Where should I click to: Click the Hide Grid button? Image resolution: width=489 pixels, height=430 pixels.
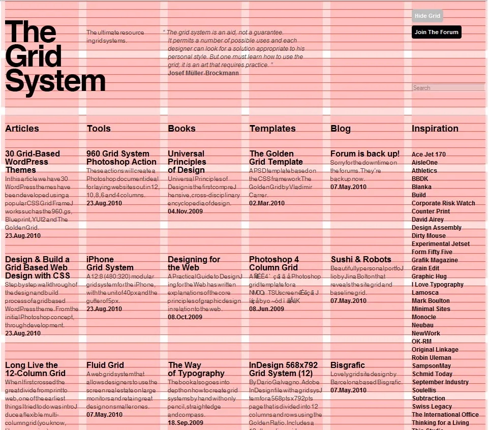pos(427,16)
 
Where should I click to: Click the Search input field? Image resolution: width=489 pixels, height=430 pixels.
pos(448,88)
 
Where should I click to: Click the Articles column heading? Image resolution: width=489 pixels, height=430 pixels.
pos(22,129)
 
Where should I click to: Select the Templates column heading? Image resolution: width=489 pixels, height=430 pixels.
pos(272,129)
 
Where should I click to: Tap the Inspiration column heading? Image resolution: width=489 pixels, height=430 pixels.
pos(435,129)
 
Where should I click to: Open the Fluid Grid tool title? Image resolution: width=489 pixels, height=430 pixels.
pos(105,365)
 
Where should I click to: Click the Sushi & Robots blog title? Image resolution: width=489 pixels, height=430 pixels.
pos(361,259)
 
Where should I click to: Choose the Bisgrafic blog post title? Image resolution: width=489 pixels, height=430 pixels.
pos(348,365)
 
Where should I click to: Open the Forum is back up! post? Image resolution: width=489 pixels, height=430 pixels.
pos(365,153)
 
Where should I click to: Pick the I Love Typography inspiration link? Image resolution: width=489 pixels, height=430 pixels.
pos(437,285)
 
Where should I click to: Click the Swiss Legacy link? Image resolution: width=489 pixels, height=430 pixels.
pos(432,407)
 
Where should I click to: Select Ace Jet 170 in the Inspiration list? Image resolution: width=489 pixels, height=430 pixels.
pos(429,155)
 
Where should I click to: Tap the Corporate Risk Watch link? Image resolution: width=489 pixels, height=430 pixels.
pos(443,203)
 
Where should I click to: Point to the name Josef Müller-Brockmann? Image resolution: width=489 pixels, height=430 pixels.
pos(203,73)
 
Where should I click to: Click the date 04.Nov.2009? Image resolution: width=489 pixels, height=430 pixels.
pos(185,211)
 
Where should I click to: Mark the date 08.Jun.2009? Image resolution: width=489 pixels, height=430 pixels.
pos(266,309)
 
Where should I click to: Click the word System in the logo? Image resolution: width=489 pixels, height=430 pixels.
pos(55,81)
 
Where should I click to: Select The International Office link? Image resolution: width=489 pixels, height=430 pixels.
pos(445,415)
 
